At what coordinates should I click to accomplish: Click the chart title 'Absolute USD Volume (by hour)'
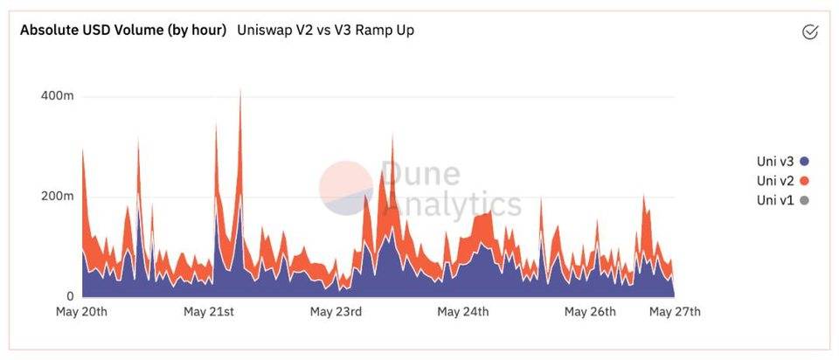coord(123,31)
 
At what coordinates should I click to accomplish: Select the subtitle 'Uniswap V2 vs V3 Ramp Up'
coord(326,31)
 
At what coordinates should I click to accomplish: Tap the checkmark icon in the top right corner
coord(809,32)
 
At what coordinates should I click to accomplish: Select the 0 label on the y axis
coord(68,297)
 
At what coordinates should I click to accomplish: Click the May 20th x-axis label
coord(81,312)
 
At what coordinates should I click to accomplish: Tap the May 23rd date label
coord(336,312)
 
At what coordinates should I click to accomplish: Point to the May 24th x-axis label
coord(463,312)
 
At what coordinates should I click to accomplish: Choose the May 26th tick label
coord(590,312)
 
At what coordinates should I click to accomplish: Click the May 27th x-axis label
coord(675,312)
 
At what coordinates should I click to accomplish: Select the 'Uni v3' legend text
coord(775,162)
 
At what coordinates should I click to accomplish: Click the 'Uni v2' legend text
coord(775,181)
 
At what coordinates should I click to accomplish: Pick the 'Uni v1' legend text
coord(775,201)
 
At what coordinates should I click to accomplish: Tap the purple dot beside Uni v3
coord(804,162)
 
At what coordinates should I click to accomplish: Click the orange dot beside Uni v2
coord(804,181)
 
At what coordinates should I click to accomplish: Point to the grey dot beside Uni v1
coord(804,201)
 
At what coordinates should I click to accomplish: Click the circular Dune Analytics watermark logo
coord(346,188)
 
